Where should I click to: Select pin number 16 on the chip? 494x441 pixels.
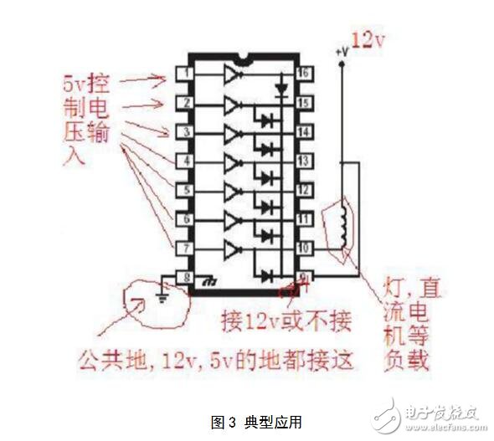[305, 74]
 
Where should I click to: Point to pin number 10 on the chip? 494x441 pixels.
[305, 249]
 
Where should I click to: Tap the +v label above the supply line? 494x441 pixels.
[341, 52]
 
